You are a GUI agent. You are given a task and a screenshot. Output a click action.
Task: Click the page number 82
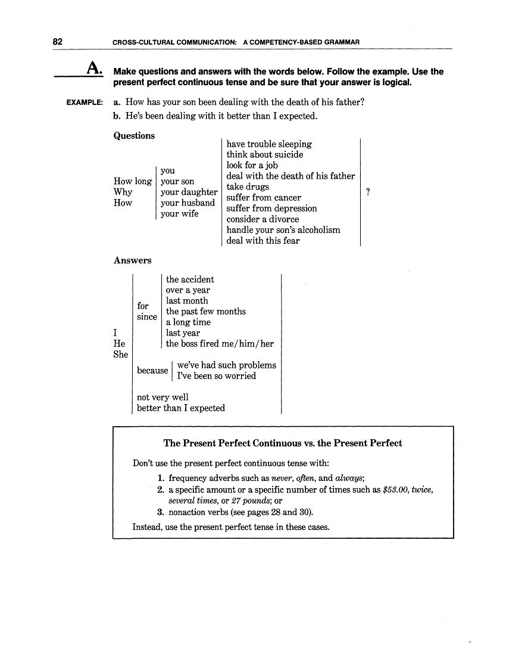click(58, 42)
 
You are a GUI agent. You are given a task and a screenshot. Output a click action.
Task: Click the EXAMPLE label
click(85, 103)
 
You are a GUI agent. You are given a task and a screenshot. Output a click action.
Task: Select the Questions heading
click(134, 136)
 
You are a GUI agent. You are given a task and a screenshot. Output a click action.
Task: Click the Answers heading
click(132, 260)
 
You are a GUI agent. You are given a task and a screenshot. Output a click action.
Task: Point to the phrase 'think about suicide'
click(264, 154)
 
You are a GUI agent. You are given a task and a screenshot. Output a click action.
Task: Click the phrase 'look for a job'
click(252, 165)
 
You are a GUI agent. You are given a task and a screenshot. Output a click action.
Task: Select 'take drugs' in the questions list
click(248, 187)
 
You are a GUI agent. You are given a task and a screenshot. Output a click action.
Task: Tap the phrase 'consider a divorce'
click(263, 219)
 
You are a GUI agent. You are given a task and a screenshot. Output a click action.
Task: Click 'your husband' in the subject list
click(188, 203)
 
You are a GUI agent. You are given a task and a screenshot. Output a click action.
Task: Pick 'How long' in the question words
click(132, 181)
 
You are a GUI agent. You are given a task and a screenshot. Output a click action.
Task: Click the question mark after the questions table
click(368, 192)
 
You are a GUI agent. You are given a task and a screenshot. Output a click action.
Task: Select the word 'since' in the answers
click(147, 316)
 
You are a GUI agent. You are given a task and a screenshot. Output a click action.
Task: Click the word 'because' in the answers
click(152, 370)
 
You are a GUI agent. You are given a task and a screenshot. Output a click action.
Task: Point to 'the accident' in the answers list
click(190, 279)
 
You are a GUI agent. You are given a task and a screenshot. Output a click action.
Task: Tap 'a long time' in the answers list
click(188, 322)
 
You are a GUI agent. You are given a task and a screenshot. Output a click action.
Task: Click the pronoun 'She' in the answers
click(120, 354)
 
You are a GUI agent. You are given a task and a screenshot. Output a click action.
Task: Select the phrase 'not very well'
click(163, 397)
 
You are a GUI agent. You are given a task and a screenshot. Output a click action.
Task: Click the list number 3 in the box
click(160, 512)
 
